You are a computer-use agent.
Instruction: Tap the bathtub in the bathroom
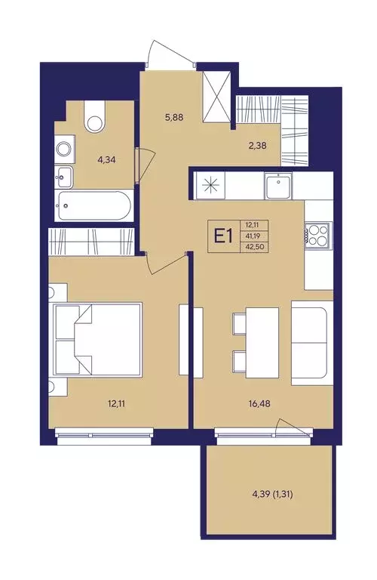point(93,205)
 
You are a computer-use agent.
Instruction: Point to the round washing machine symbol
point(65,150)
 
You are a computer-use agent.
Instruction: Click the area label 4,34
point(108,160)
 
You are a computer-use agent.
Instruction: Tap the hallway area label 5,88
point(173,118)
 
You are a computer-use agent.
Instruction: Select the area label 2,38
point(257,145)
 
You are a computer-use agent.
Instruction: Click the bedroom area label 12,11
point(116,404)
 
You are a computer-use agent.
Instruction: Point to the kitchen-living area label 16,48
point(259,404)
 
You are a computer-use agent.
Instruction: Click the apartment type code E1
point(223,236)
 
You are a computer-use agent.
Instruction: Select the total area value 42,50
point(254,247)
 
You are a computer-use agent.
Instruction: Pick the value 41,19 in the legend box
point(254,236)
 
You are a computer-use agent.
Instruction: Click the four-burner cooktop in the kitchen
point(317,236)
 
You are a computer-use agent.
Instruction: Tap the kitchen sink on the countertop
point(278,187)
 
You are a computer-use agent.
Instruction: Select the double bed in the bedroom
point(98,340)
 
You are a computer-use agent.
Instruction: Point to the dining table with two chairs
point(256,343)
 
